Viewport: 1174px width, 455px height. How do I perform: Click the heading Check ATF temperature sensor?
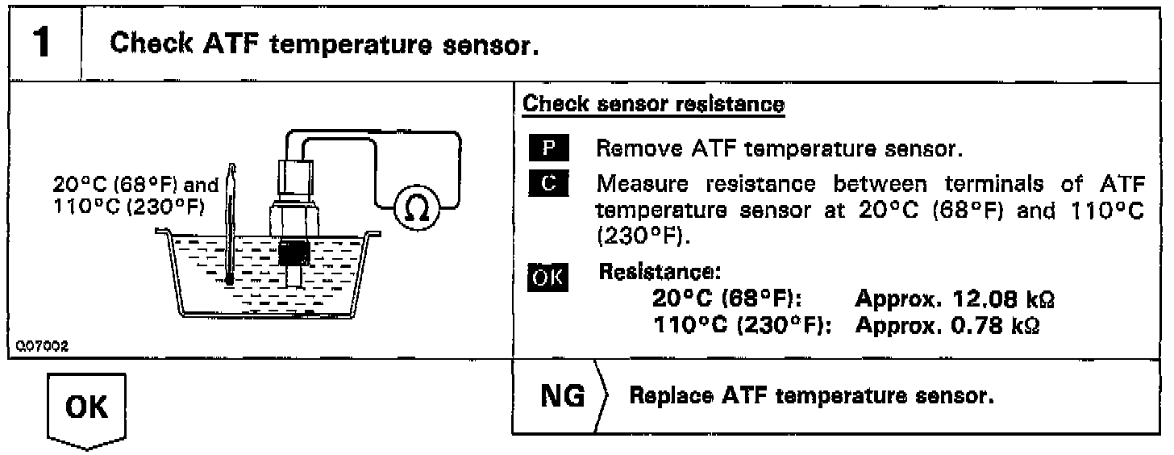pyautogui.click(x=323, y=44)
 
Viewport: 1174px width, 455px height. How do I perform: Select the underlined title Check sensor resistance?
pyautogui.click(x=654, y=104)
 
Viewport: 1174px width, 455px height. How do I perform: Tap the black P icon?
pyautogui.click(x=549, y=149)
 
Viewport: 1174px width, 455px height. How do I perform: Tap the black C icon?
pyautogui.click(x=549, y=183)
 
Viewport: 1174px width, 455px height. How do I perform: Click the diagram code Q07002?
pyautogui.click(x=42, y=345)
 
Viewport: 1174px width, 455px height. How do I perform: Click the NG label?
pyautogui.click(x=563, y=396)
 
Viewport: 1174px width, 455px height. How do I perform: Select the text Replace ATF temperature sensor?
pyautogui.click(x=811, y=397)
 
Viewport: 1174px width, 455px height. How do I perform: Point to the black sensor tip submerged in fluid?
pyautogui.click(x=293, y=253)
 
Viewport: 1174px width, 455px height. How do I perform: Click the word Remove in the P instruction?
pyautogui.click(x=635, y=149)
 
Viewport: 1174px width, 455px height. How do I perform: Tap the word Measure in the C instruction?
pyautogui.click(x=639, y=183)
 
